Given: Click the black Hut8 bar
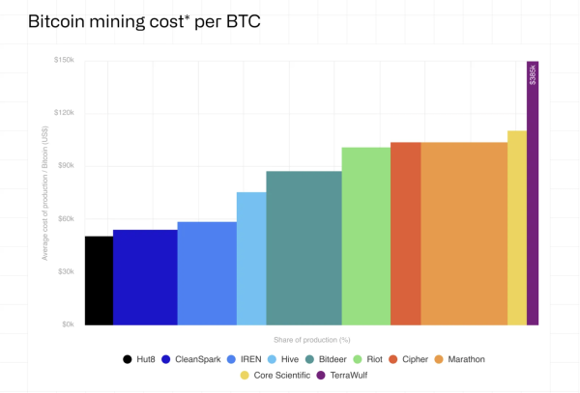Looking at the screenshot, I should pyautogui.click(x=99, y=280).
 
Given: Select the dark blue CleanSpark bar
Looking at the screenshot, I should pyautogui.click(x=145, y=277).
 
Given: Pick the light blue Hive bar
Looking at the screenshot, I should pyautogui.click(x=251, y=258).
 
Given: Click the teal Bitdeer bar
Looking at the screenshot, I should pyautogui.click(x=304, y=247).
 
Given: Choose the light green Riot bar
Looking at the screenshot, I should pyautogui.click(x=365, y=236).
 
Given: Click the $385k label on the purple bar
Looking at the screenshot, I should pyautogui.click(x=533, y=74).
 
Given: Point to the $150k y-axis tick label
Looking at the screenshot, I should pyautogui.click(x=65, y=61).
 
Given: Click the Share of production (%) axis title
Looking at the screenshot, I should pyautogui.click(x=311, y=340).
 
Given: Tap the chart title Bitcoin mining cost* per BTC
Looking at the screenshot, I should pyautogui.click(x=130, y=20).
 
